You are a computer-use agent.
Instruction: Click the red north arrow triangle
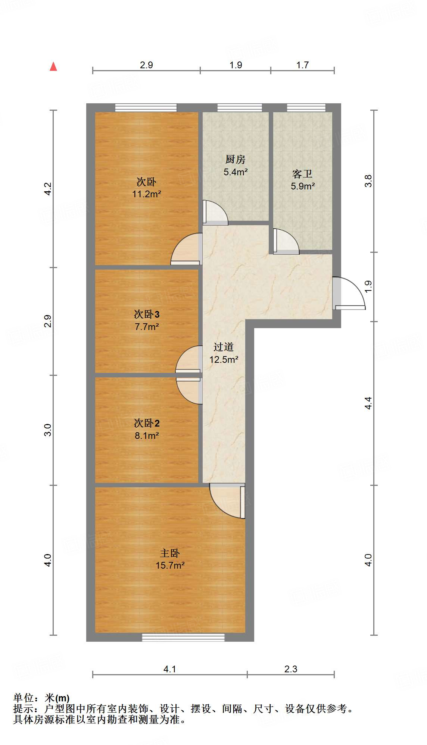pos(53,67)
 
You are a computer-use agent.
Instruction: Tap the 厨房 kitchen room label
pos(236,160)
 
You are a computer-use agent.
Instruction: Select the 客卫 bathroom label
pos(302,174)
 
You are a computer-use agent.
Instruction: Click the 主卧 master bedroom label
pos(170,553)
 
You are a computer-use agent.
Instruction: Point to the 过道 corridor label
pos(224,347)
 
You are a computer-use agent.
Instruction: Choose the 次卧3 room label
pos(147,314)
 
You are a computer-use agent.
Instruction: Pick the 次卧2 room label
pos(147,423)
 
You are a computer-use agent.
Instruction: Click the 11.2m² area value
pos(147,194)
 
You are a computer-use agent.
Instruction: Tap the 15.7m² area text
pos(170,565)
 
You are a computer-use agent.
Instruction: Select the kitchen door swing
pos(215,213)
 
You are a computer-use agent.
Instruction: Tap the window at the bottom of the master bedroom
pos(183,637)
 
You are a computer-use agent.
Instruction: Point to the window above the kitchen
pos(239,108)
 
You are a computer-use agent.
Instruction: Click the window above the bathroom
pos(306,108)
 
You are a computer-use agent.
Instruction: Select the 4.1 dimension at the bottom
pos(169,669)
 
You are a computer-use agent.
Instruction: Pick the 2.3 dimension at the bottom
pos(290,669)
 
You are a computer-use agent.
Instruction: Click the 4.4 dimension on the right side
pos(368,403)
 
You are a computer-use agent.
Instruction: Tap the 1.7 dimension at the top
pos(302,65)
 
